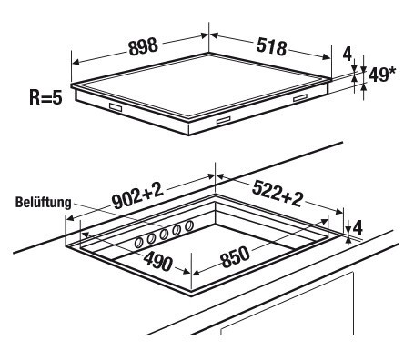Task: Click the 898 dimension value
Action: point(144,46)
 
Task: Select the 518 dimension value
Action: point(271,46)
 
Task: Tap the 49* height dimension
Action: point(382,75)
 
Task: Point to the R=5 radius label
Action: point(45,97)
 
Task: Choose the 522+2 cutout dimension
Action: point(278,193)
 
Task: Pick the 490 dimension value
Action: point(157,261)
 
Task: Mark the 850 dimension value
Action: point(236,257)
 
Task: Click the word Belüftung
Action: point(43,202)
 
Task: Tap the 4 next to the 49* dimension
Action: point(348,55)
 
